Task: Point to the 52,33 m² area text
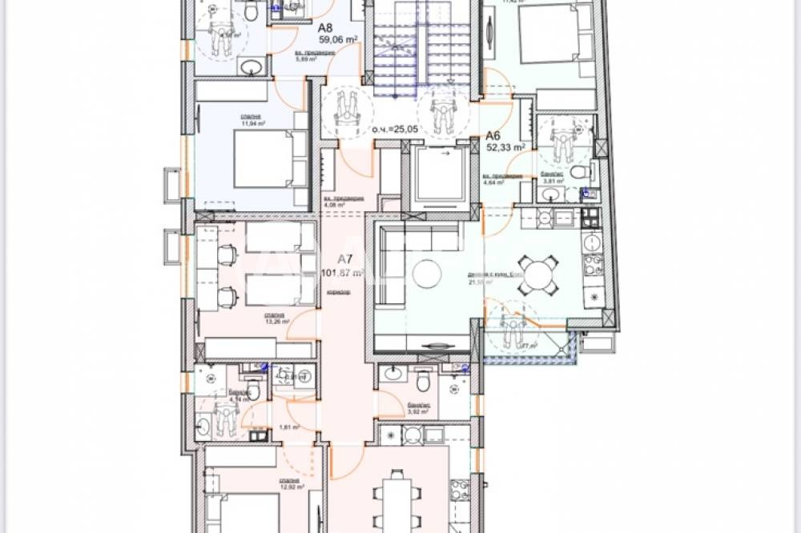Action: click(506, 147)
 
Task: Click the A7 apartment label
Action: click(345, 258)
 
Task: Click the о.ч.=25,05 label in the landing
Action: click(395, 129)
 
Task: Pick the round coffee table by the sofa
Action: click(427, 275)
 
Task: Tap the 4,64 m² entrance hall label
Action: click(493, 178)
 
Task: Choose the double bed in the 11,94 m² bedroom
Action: click(260, 158)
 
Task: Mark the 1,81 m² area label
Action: click(290, 427)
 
